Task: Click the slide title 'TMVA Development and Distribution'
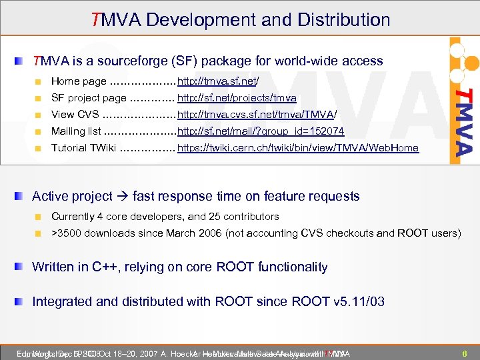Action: [241, 19]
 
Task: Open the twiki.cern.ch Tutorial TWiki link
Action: [298, 148]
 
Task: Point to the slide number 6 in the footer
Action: [464, 353]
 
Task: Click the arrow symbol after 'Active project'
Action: [123, 196]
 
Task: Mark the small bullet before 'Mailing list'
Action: [39, 131]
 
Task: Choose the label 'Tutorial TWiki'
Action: [84, 148]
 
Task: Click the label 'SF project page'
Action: [89, 98]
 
